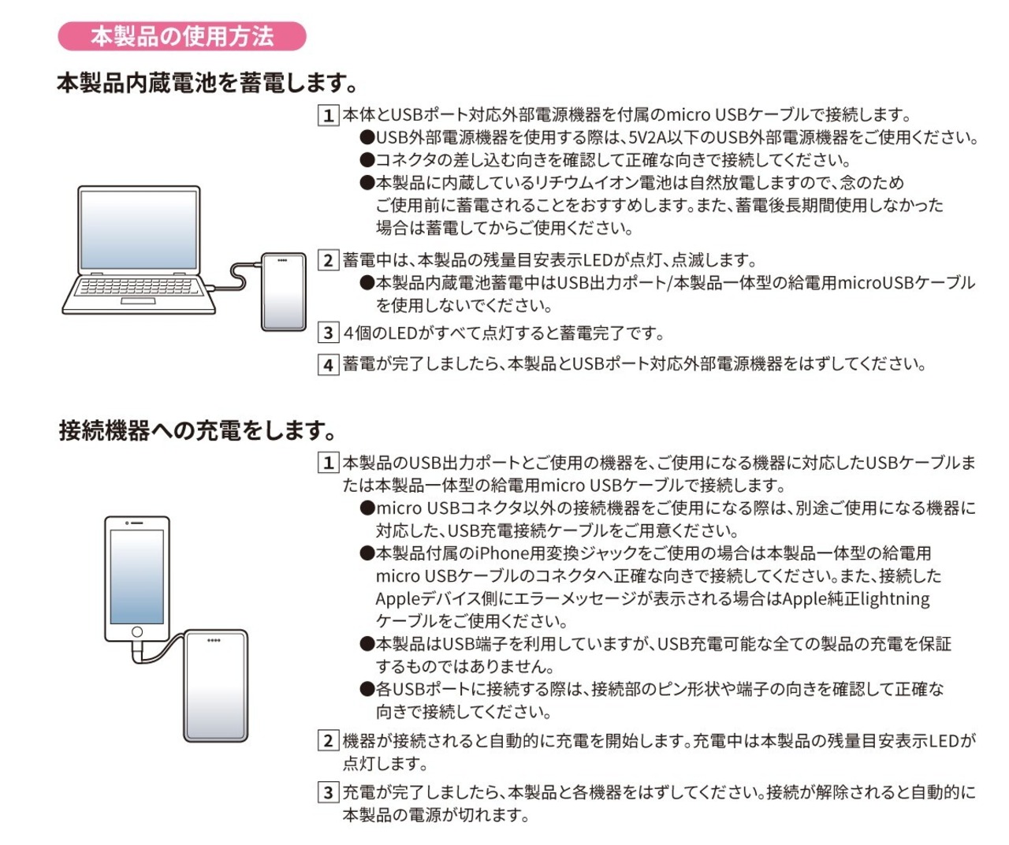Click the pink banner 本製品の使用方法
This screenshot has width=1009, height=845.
coord(181,36)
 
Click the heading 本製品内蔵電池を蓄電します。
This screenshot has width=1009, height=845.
coord(207,84)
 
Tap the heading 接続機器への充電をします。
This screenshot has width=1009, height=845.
coord(197,430)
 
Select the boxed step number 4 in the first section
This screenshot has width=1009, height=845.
coord(328,364)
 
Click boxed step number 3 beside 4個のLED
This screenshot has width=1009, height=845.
coord(328,333)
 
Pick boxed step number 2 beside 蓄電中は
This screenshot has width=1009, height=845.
coord(328,260)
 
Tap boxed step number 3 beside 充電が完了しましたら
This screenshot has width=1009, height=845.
coord(328,792)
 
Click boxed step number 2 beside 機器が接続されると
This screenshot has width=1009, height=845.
coord(328,740)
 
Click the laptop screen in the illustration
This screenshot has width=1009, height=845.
coord(139,229)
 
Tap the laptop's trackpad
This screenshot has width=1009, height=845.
coord(138,301)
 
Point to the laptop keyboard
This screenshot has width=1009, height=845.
coord(139,286)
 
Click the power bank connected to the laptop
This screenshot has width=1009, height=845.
coord(284,292)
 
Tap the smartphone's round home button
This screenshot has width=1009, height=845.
coord(137,631)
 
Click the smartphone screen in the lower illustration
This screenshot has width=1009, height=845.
coord(137,576)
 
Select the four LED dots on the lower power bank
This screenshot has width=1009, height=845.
coord(214,641)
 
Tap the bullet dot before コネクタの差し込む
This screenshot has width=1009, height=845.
coord(367,160)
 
